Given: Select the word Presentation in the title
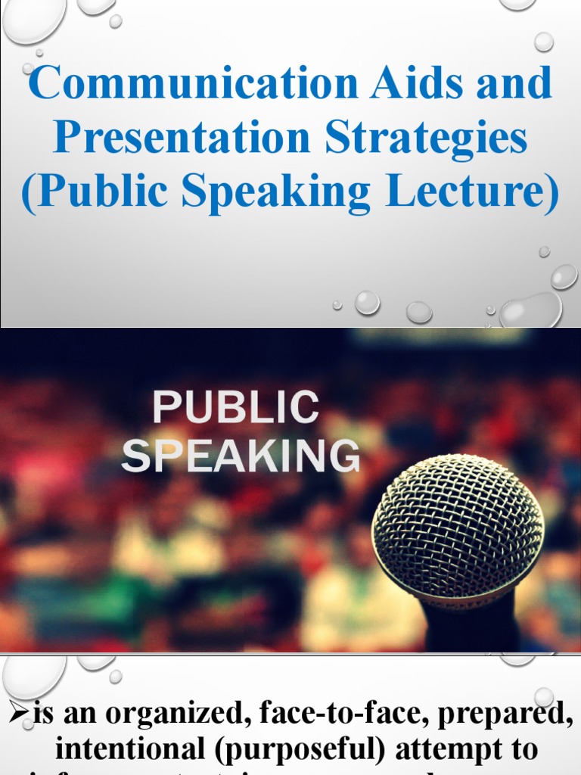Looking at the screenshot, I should pyautogui.click(x=182, y=138).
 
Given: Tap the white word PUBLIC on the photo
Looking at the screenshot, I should pyautogui.click(x=235, y=408).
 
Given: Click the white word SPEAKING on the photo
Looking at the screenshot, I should pyautogui.click(x=241, y=457).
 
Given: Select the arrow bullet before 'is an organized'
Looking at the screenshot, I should pyautogui.click(x=17, y=714).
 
